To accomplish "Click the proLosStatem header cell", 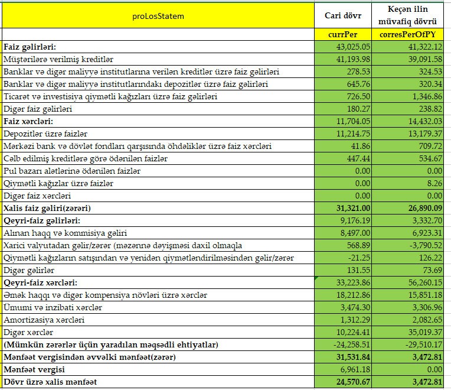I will [158, 16].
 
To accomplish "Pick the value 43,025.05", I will [353, 47].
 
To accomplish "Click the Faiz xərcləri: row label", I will [29, 121].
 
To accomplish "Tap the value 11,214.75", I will [353, 134].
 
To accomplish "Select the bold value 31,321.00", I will [353, 208].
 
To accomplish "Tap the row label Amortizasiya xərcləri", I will [44, 320].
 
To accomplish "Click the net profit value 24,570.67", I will [353, 382].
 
